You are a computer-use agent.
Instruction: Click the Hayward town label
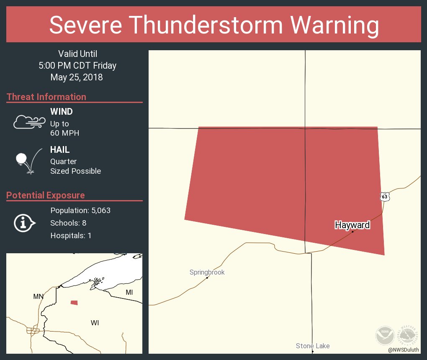pos(352,225)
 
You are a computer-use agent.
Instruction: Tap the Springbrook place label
pos(207,273)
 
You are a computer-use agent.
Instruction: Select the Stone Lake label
pos(313,346)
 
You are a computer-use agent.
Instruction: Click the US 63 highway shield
pos(385,196)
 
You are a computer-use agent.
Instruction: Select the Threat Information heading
pos(46,97)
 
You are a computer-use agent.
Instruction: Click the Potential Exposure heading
pos(46,195)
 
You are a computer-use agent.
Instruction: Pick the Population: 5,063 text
pos(80,211)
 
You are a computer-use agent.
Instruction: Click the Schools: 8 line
pos(68,223)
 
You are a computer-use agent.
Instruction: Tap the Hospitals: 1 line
pos(71,235)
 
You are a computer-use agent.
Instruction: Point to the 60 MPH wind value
pos(64,133)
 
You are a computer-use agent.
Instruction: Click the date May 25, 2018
pos(77,77)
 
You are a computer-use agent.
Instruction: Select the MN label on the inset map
pos(38,296)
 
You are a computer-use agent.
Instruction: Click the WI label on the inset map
pos(95,323)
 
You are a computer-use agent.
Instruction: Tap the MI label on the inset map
pos(129,292)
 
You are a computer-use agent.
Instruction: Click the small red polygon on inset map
pos(74,303)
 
